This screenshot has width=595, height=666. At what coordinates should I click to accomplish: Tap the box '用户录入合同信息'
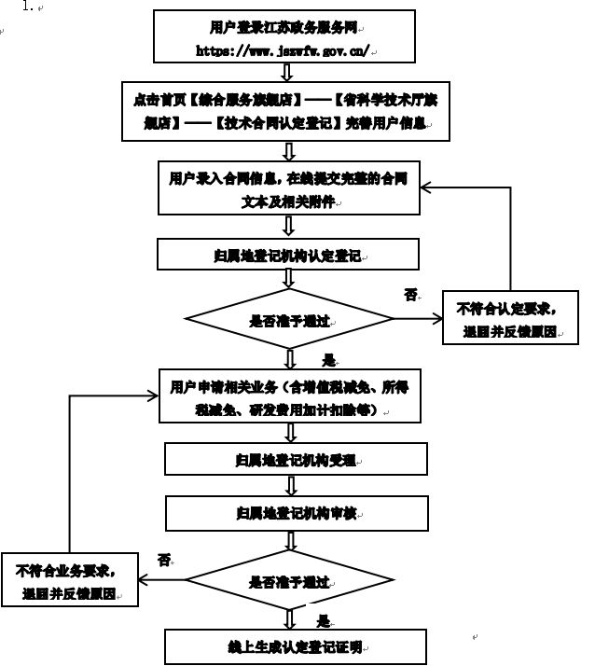[288, 187]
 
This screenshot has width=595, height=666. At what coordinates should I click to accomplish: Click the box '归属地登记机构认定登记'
[288, 254]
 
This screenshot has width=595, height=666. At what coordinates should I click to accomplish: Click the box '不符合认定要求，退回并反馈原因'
[509, 318]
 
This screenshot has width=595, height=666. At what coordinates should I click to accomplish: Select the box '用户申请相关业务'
[288, 397]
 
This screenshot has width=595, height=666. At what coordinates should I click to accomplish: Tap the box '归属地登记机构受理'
[295, 459]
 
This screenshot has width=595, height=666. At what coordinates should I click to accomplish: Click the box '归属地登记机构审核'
[296, 512]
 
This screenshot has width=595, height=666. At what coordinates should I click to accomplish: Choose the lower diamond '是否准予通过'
[289, 581]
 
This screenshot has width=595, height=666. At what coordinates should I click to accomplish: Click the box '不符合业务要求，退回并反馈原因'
[69, 580]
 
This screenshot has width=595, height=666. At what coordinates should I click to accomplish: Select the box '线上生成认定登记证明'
[295, 646]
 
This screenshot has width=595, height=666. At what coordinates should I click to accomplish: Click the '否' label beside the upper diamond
[409, 295]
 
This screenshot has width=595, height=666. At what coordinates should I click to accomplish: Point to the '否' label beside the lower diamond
[164, 560]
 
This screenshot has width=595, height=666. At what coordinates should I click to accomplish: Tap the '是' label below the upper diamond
[327, 359]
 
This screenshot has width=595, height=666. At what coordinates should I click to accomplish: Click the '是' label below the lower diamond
[323, 620]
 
